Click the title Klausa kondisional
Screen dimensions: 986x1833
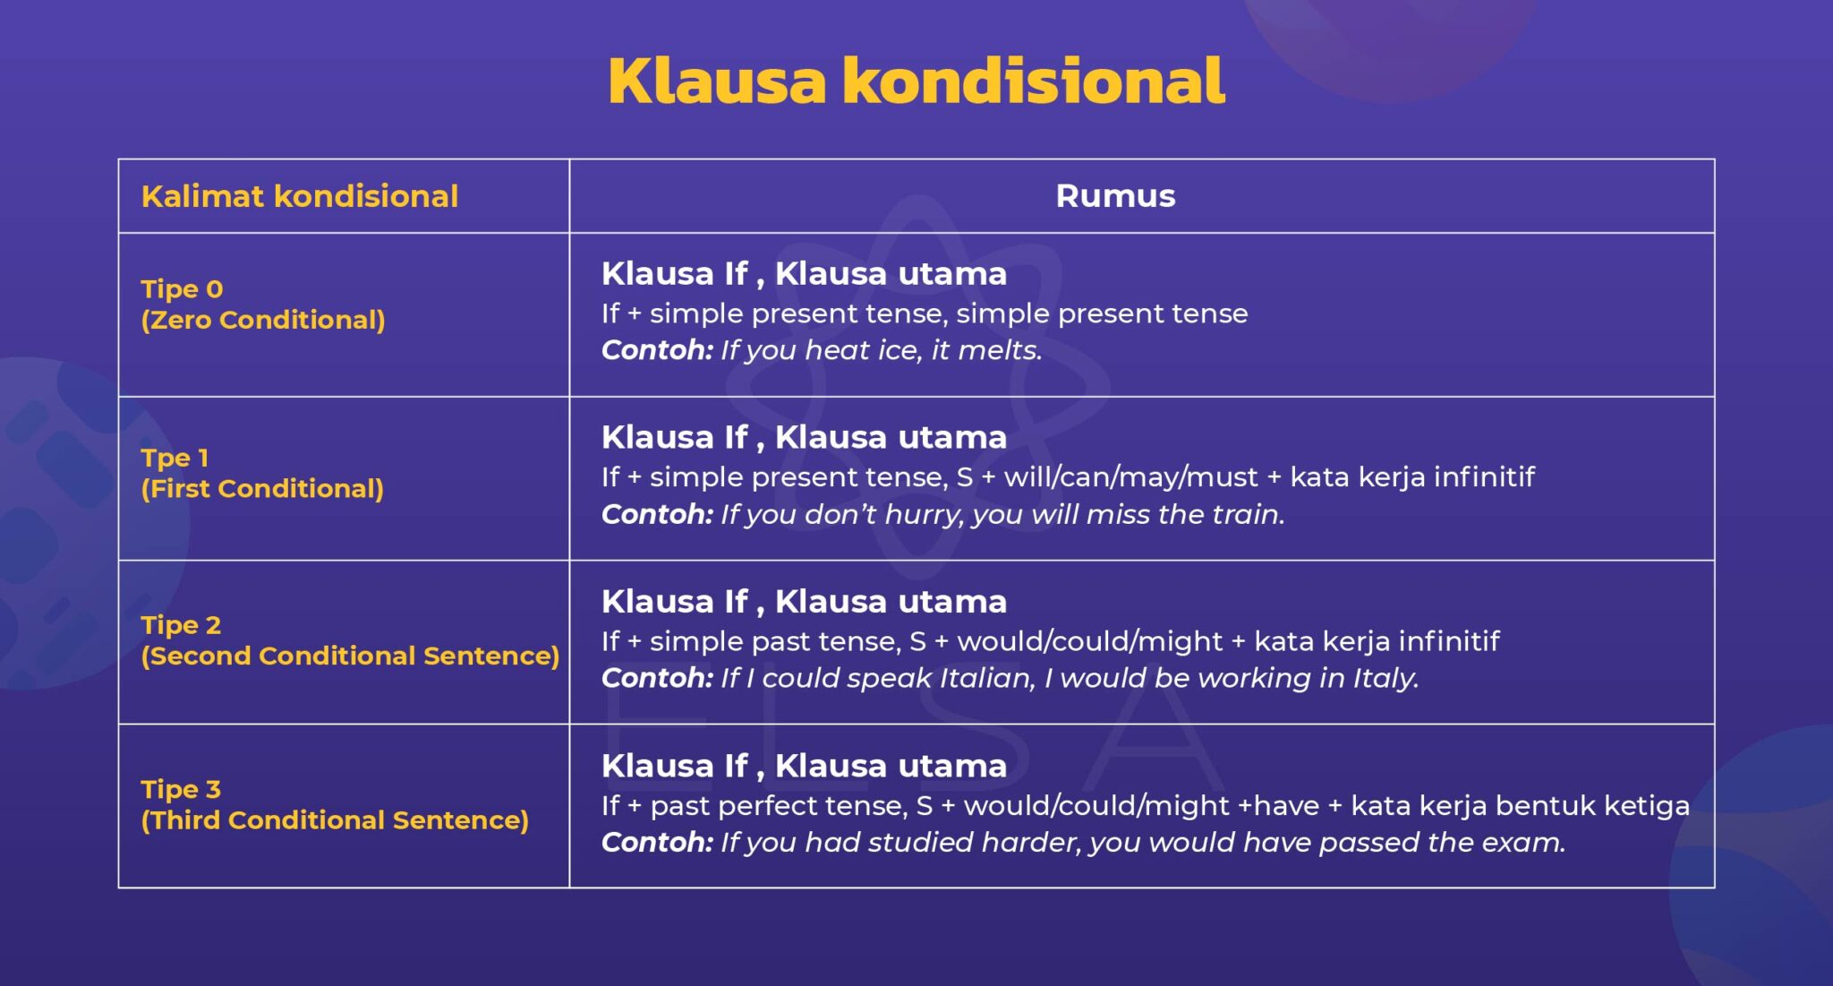click(x=916, y=81)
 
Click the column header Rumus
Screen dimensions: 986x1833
click(x=1114, y=196)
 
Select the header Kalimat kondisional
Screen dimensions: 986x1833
click(x=299, y=196)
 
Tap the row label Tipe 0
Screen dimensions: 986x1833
click(x=182, y=289)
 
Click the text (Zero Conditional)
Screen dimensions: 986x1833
click(x=262, y=320)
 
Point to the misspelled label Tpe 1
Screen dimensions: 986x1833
click(x=175, y=458)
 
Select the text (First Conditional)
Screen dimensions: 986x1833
click(x=261, y=488)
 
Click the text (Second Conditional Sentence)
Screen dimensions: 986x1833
click(x=349, y=656)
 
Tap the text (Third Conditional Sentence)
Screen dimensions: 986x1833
click(x=334, y=819)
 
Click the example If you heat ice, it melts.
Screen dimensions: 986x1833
click(x=881, y=350)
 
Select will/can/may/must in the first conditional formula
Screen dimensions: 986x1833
click(x=1130, y=477)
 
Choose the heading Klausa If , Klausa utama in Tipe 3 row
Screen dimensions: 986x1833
click(x=804, y=766)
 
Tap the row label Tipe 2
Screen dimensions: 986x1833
click(x=181, y=625)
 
